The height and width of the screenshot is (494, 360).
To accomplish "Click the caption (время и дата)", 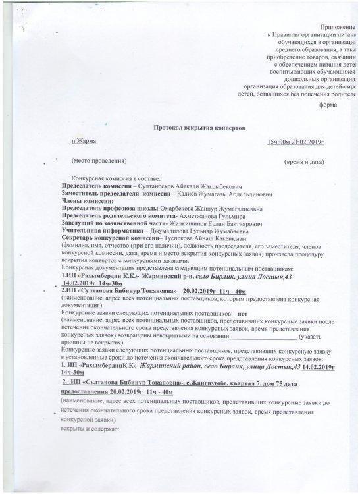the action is point(304,161).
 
